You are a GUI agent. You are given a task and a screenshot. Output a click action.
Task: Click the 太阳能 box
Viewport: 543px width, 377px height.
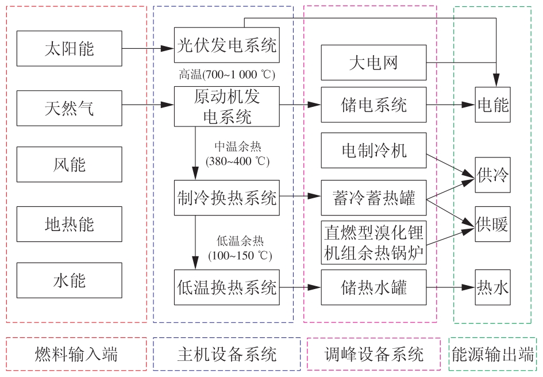click(70, 48)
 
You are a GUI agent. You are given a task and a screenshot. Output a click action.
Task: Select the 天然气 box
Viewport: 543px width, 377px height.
click(70, 108)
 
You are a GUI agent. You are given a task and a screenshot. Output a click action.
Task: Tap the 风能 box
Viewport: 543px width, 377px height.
click(70, 164)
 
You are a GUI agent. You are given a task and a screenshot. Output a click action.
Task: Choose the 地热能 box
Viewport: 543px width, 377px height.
click(70, 224)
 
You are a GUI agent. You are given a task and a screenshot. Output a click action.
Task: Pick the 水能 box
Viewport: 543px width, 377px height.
click(70, 280)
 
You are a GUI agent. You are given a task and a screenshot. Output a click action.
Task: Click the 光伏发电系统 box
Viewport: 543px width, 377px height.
click(227, 45)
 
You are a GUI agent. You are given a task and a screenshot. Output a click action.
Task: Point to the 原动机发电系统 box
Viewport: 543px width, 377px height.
click(227, 106)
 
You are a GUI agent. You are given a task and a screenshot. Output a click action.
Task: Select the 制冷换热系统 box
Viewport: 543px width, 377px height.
click(227, 198)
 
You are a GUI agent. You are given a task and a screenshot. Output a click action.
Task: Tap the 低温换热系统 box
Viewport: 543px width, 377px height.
click(227, 287)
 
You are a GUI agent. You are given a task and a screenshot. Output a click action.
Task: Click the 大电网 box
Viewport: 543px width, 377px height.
click(373, 63)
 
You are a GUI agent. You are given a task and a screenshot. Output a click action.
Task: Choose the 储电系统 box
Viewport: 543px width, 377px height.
click(373, 105)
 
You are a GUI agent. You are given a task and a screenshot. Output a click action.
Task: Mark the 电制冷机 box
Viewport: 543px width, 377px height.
click(373, 151)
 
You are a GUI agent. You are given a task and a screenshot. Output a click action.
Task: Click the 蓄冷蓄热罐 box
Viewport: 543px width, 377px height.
click(373, 198)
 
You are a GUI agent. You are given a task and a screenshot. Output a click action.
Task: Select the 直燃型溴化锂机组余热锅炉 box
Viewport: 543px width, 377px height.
click(373, 243)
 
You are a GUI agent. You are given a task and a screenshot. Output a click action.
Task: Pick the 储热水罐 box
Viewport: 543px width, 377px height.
click(373, 287)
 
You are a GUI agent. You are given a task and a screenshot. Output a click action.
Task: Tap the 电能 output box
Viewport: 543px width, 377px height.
click(492, 105)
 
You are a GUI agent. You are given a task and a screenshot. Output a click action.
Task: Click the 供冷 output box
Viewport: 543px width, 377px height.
click(492, 175)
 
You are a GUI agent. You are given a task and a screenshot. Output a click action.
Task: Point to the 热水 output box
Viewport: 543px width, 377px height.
click(492, 287)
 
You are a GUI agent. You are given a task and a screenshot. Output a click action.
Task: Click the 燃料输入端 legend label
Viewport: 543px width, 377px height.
click(76, 354)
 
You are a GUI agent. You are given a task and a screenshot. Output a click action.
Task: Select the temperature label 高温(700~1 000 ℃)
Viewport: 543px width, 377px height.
click(227, 75)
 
